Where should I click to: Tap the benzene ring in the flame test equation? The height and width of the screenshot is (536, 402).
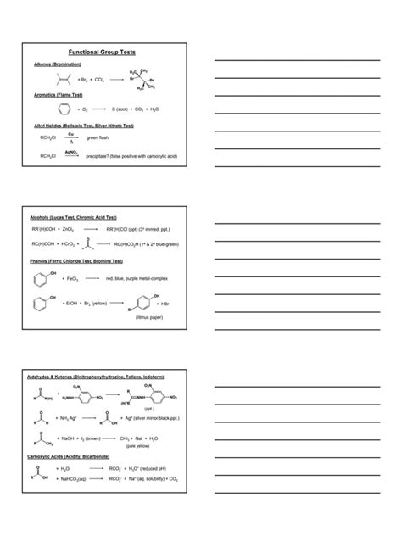60,109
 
